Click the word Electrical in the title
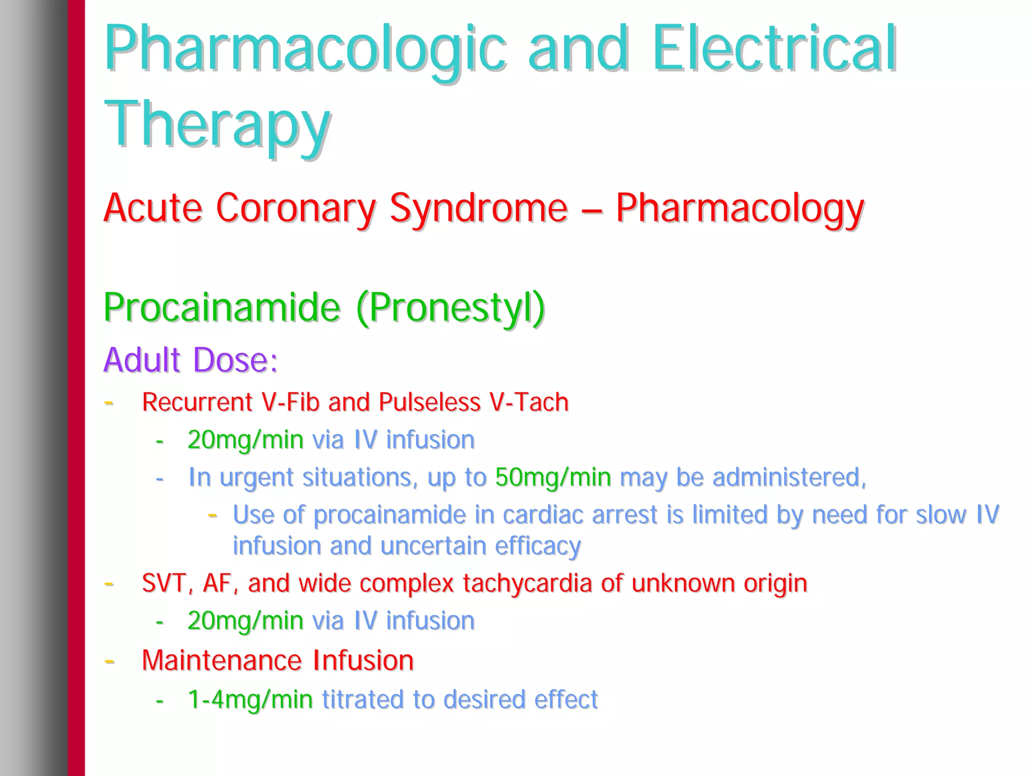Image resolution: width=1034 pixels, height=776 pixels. pyautogui.click(x=774, y=49)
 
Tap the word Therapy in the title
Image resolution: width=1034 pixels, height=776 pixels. pyautogui.click(x=217, y=125)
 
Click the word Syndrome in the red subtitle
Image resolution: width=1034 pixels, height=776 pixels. pyautogui.click(x=478, y=209)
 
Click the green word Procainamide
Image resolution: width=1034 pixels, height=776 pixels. pyautogui.click(x=222, y=307)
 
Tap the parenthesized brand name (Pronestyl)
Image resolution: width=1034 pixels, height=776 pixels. pyautogui.click(x=450, y=307)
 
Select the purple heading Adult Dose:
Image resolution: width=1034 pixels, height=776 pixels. pyautogui.click(x=190, y=360)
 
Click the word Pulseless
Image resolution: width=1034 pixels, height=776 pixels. pyautogui.click(x=430, y=402)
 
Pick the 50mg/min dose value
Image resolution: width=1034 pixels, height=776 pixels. pyautogui.click(x=553, y=477)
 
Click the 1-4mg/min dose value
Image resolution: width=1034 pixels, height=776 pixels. pyautogui.click(x=250, y=700)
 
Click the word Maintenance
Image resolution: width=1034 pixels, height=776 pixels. pyautogui.click(x=222, y=660)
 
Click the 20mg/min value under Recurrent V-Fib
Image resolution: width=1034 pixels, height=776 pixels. pyautogui.click(x=245, y=440)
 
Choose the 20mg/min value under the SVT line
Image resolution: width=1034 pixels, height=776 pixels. pyautogui.click(x=245, y=620)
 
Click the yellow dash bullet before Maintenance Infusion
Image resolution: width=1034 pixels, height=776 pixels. pyautogui.click(x=109, y=660)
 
